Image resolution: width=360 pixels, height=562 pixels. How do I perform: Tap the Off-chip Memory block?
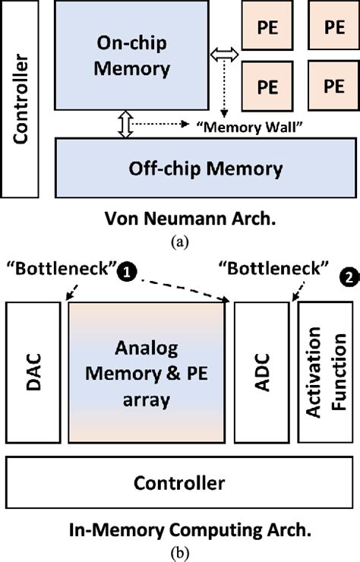201,168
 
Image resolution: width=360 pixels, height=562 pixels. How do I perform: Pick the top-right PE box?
333,27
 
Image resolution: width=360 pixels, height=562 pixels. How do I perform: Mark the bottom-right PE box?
333,84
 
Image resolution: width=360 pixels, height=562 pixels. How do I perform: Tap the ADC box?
262,372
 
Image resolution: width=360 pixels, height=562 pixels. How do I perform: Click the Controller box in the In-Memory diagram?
179,481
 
